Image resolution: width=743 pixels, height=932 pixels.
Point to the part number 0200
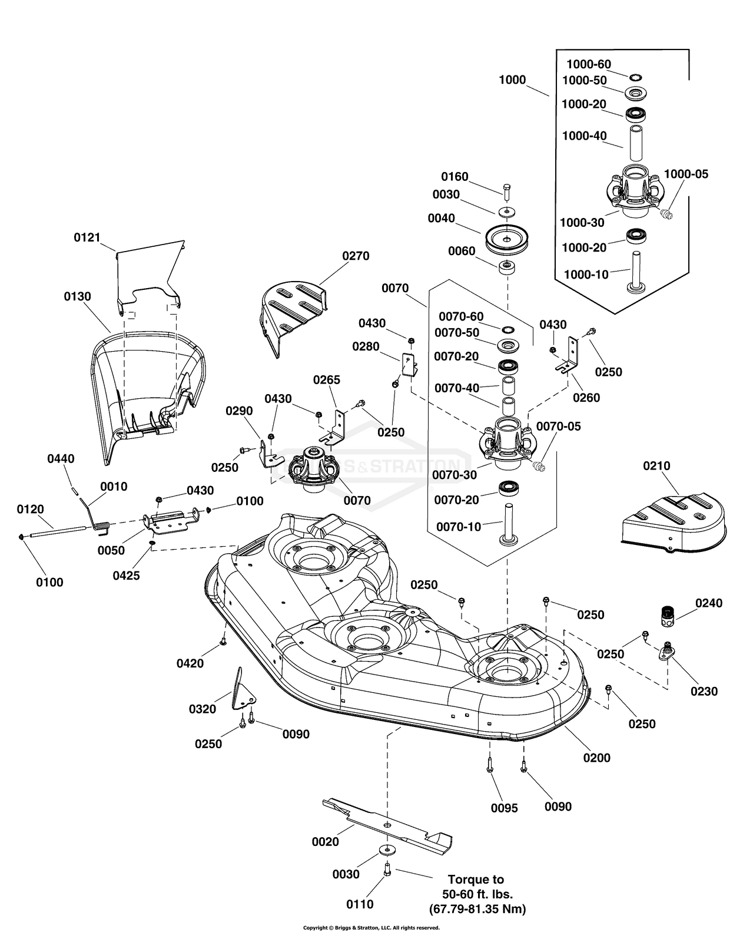[597, 758]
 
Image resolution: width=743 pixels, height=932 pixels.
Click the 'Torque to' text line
[476, 880]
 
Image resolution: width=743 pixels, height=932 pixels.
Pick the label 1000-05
[686, 174]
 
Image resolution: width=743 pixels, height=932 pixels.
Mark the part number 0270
[356, 256]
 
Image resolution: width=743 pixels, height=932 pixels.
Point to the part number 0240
[708, 603]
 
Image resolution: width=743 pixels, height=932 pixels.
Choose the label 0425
[126, 575]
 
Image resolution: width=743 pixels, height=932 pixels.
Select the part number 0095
[505, 808]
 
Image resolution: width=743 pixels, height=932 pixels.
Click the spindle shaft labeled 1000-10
[636, 272]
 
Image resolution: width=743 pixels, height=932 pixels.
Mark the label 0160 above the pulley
[455, 177]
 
